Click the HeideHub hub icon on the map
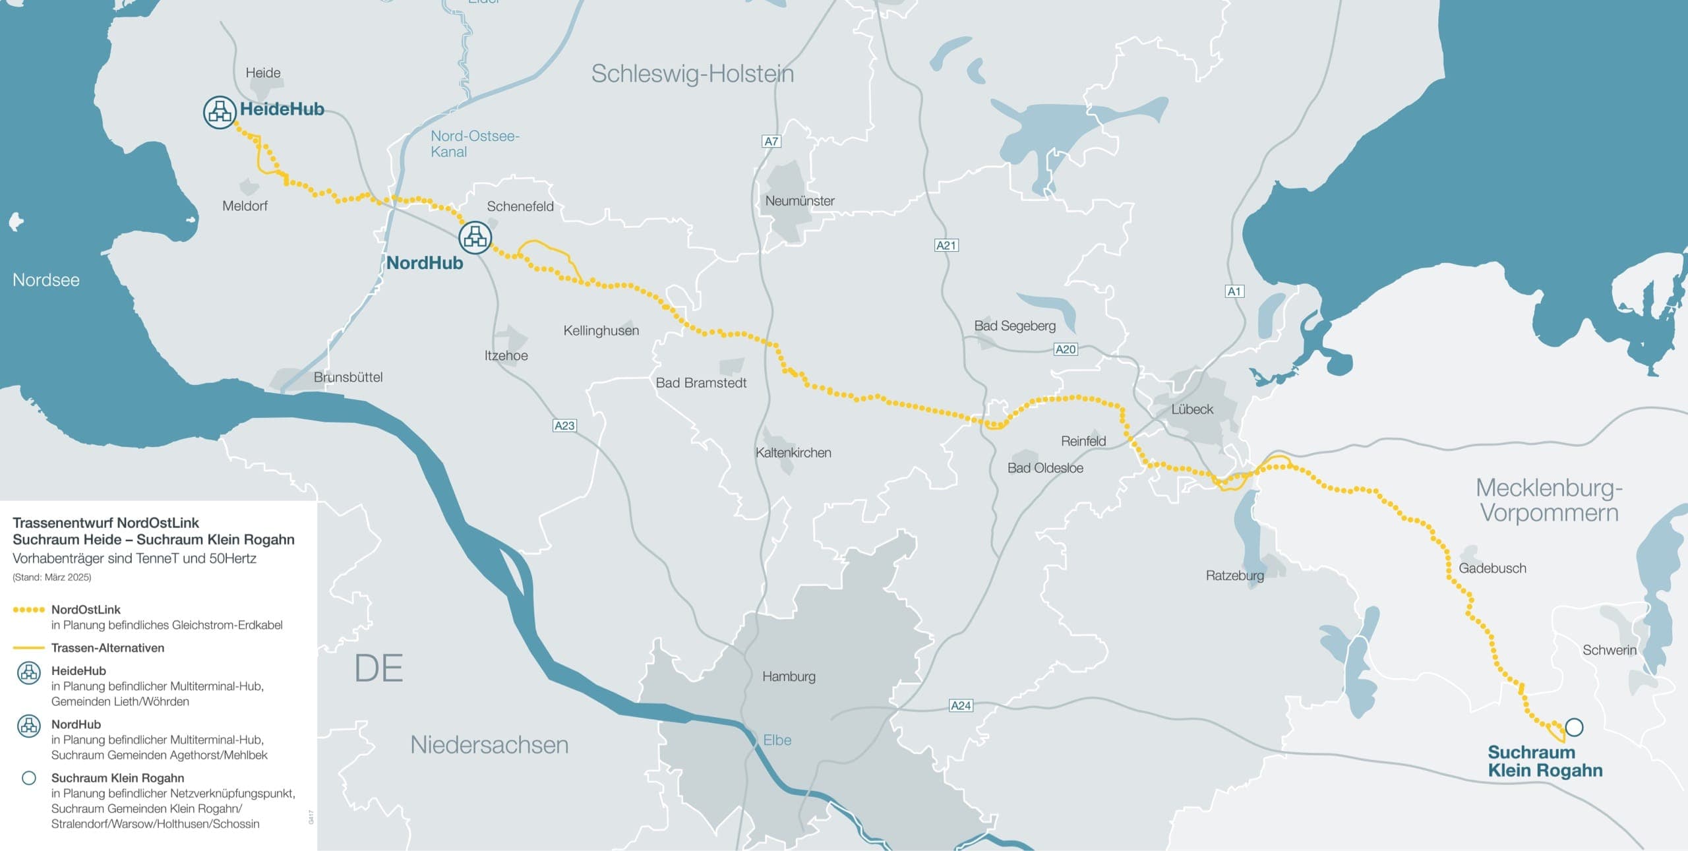220,112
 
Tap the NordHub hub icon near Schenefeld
475,237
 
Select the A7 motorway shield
771,141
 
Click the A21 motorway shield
946,245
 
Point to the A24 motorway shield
960,705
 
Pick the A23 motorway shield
564,425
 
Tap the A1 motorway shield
1234,291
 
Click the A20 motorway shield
1066,349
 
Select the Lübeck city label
1192,409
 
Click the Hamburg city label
789,676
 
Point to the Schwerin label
1610,650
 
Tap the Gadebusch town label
1492,568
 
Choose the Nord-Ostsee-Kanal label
475,144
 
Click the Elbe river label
777,740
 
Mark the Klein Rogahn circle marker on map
1574,727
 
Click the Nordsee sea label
46,280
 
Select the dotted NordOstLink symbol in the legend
29,610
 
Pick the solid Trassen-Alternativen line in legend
29,648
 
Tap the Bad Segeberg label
1015,326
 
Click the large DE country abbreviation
378,668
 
